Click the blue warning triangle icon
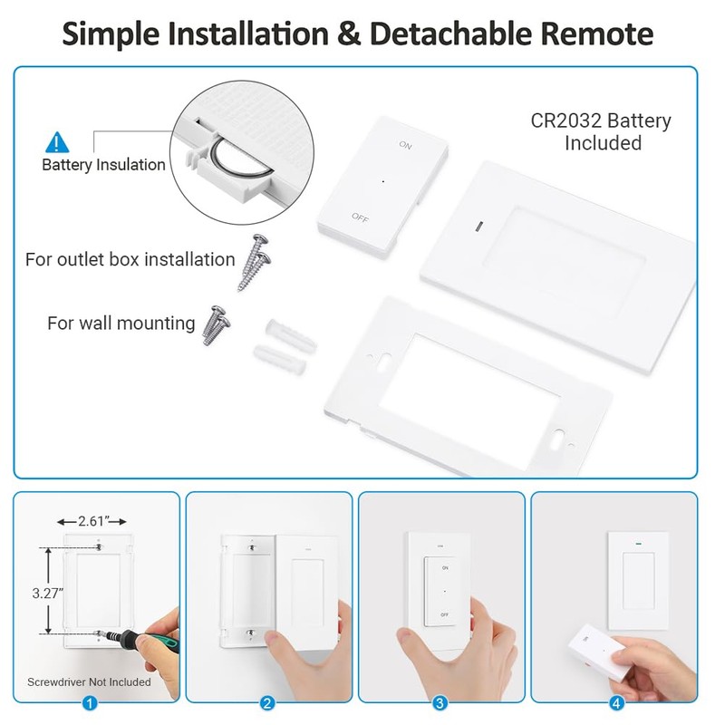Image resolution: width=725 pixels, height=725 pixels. coord(57,141)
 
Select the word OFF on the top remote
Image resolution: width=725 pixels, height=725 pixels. coord(360,217)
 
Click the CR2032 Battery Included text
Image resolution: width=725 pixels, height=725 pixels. coord(602,131)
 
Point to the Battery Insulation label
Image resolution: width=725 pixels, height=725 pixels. coord(103,165)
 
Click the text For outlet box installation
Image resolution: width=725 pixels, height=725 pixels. coord(130,260)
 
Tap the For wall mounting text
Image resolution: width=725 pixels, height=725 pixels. coord(121,324)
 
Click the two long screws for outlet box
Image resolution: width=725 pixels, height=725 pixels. coord(254,261)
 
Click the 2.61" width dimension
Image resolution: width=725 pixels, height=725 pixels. coord(91,520)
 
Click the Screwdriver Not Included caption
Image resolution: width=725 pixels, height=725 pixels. coord(89,681)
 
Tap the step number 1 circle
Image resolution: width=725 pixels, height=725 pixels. coord(90,702)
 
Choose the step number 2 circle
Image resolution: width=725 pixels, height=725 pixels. coord(267,702)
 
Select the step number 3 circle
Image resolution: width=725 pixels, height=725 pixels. coord(440,702)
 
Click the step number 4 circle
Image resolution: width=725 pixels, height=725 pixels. coord(616,702)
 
